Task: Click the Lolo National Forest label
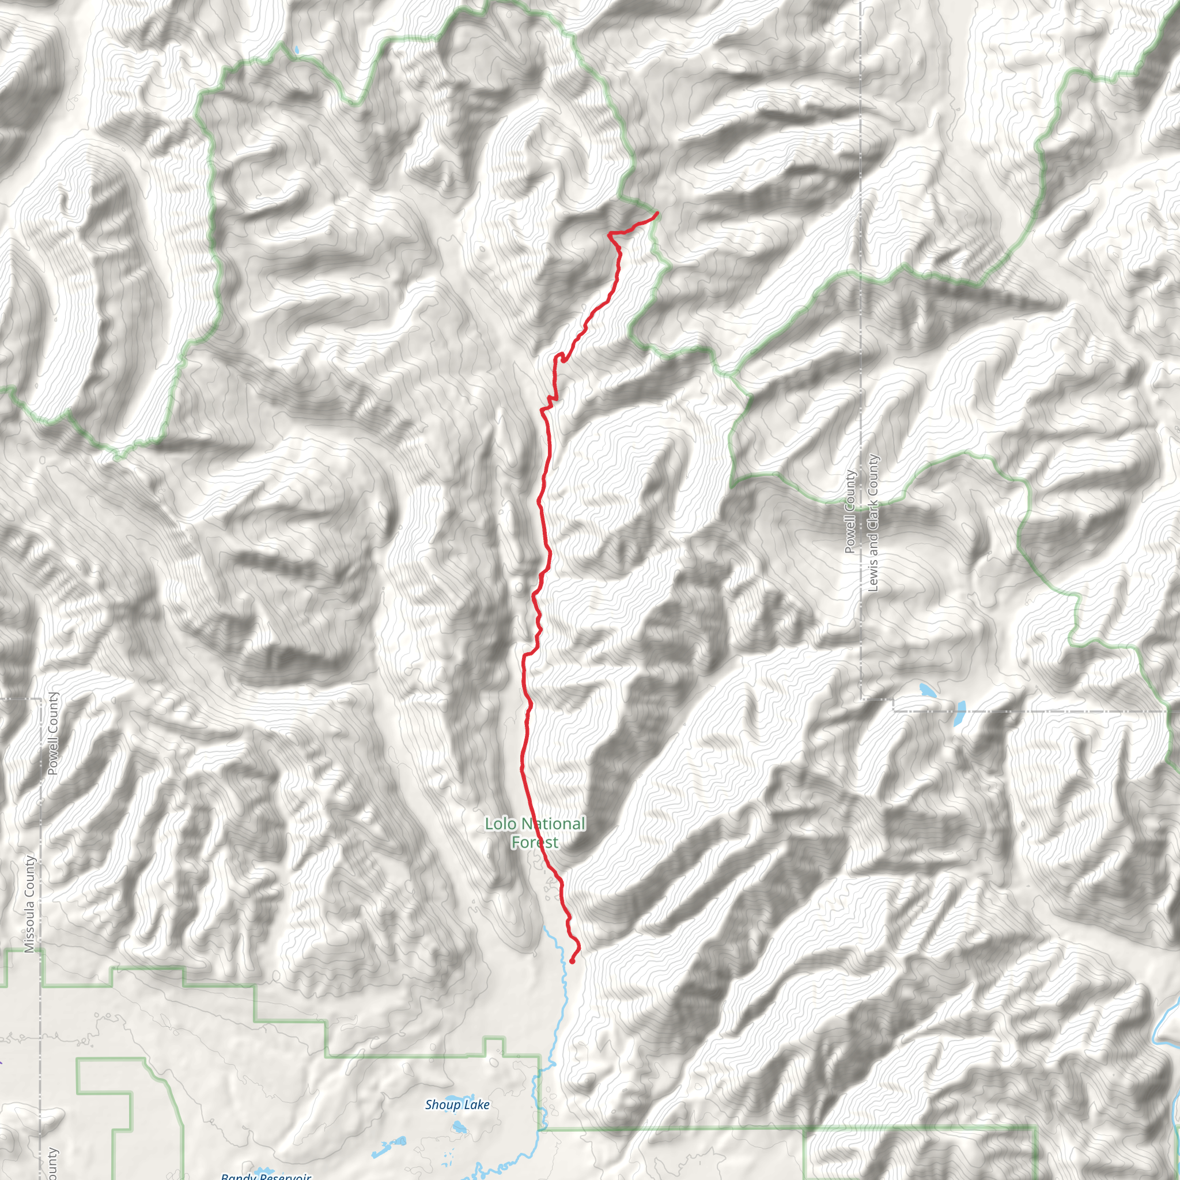click(535, 833)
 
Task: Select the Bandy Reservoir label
click(266, 1176)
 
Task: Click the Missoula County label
click(29, 903)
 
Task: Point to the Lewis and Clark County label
click(873, 523)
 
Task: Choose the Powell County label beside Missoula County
click(52, 733)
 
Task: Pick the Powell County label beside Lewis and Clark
click(850, 512)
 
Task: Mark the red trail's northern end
click(656, 213)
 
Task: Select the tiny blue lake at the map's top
click(296, 50)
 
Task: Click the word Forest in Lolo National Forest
click(535, 843)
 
